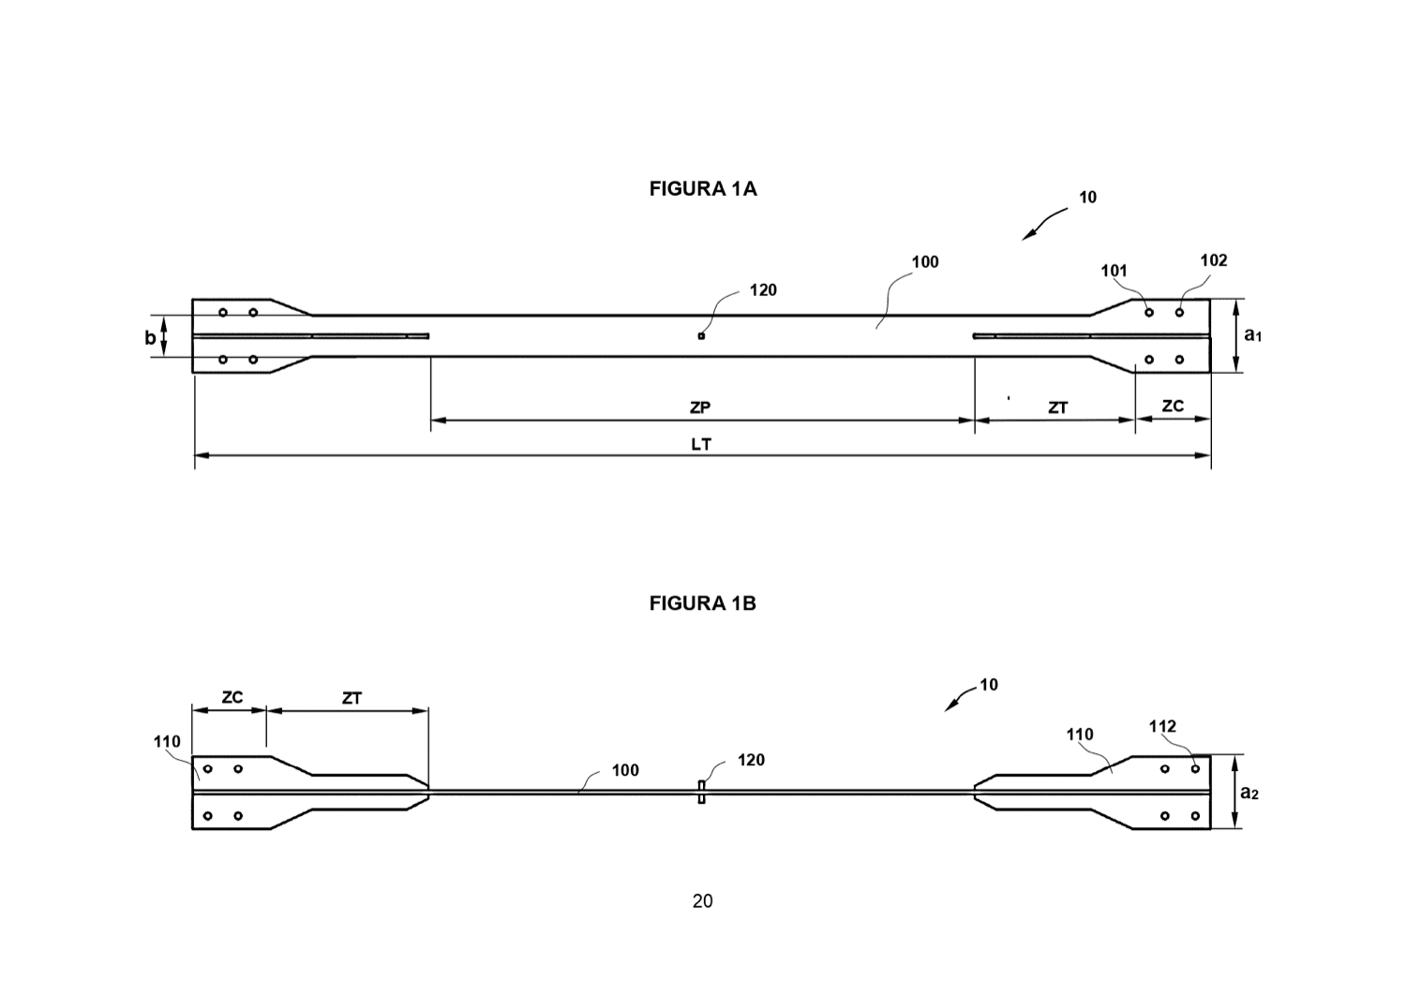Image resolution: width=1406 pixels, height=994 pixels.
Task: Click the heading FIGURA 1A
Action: tap(702, 189)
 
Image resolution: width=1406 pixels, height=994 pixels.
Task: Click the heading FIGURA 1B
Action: tap(702, 603)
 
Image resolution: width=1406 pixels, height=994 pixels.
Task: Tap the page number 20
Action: tap(702, 901)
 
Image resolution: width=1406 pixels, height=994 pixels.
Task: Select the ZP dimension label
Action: tap(700, 408)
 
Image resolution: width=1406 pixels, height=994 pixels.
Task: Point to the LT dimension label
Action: tap(701, 444)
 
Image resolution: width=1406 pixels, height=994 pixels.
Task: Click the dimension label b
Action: tap(150, 337)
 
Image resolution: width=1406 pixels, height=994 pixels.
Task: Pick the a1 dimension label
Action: tap(1253, 335)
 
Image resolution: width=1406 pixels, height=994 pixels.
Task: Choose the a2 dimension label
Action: tap(1249, 793)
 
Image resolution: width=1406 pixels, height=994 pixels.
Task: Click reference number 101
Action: tap(1114, 271)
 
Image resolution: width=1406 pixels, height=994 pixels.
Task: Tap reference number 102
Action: tap(1214, 260)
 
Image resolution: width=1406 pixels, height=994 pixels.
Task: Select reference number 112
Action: tap(1162, 726)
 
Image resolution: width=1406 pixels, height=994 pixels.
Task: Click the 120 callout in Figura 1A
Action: tap(763, 289)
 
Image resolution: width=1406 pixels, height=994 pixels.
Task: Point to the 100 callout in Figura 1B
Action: tap(625, 770)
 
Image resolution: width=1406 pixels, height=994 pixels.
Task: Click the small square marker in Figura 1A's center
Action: tap(701, 336)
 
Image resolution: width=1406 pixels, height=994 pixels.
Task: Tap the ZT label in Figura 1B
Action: tap(351, 698)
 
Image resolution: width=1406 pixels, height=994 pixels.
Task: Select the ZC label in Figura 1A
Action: tap(1173, 406)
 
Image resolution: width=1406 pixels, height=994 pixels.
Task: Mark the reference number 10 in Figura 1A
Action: tap(1087, 197)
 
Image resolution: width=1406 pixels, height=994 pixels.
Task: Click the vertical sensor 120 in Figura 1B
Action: tap(702, 792)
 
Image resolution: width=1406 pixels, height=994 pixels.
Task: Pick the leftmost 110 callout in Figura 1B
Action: tap(167, 742)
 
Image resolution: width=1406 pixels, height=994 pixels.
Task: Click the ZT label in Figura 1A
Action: tap(1057, 408)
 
